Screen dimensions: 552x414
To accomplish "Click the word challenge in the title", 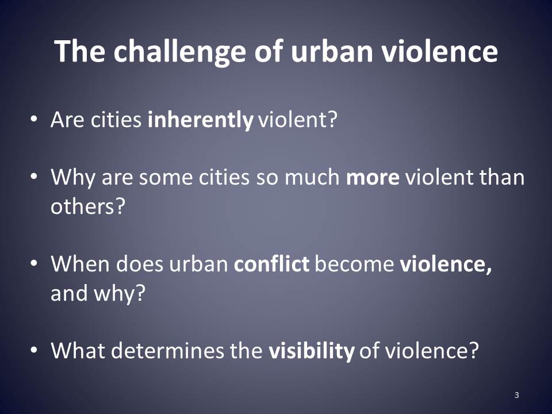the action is point(179,52).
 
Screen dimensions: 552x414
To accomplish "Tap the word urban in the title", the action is point(332,51).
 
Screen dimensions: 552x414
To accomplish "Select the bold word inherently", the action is point(200,120).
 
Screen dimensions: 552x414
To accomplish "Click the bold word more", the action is point(373,178).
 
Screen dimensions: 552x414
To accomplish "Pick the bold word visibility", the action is point(312,351).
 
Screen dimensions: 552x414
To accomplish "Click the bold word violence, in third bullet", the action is point(446,264).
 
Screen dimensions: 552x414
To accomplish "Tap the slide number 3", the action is point(517,395).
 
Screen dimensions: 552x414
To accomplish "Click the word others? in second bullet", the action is point(88,206).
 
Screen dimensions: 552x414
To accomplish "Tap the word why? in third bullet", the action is point(120,294).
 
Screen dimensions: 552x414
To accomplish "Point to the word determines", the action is point(167,350).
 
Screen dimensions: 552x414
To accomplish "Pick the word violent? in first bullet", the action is point(298,120).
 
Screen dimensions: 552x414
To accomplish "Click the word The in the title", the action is point(80,51).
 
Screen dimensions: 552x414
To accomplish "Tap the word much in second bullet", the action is point(312,177).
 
